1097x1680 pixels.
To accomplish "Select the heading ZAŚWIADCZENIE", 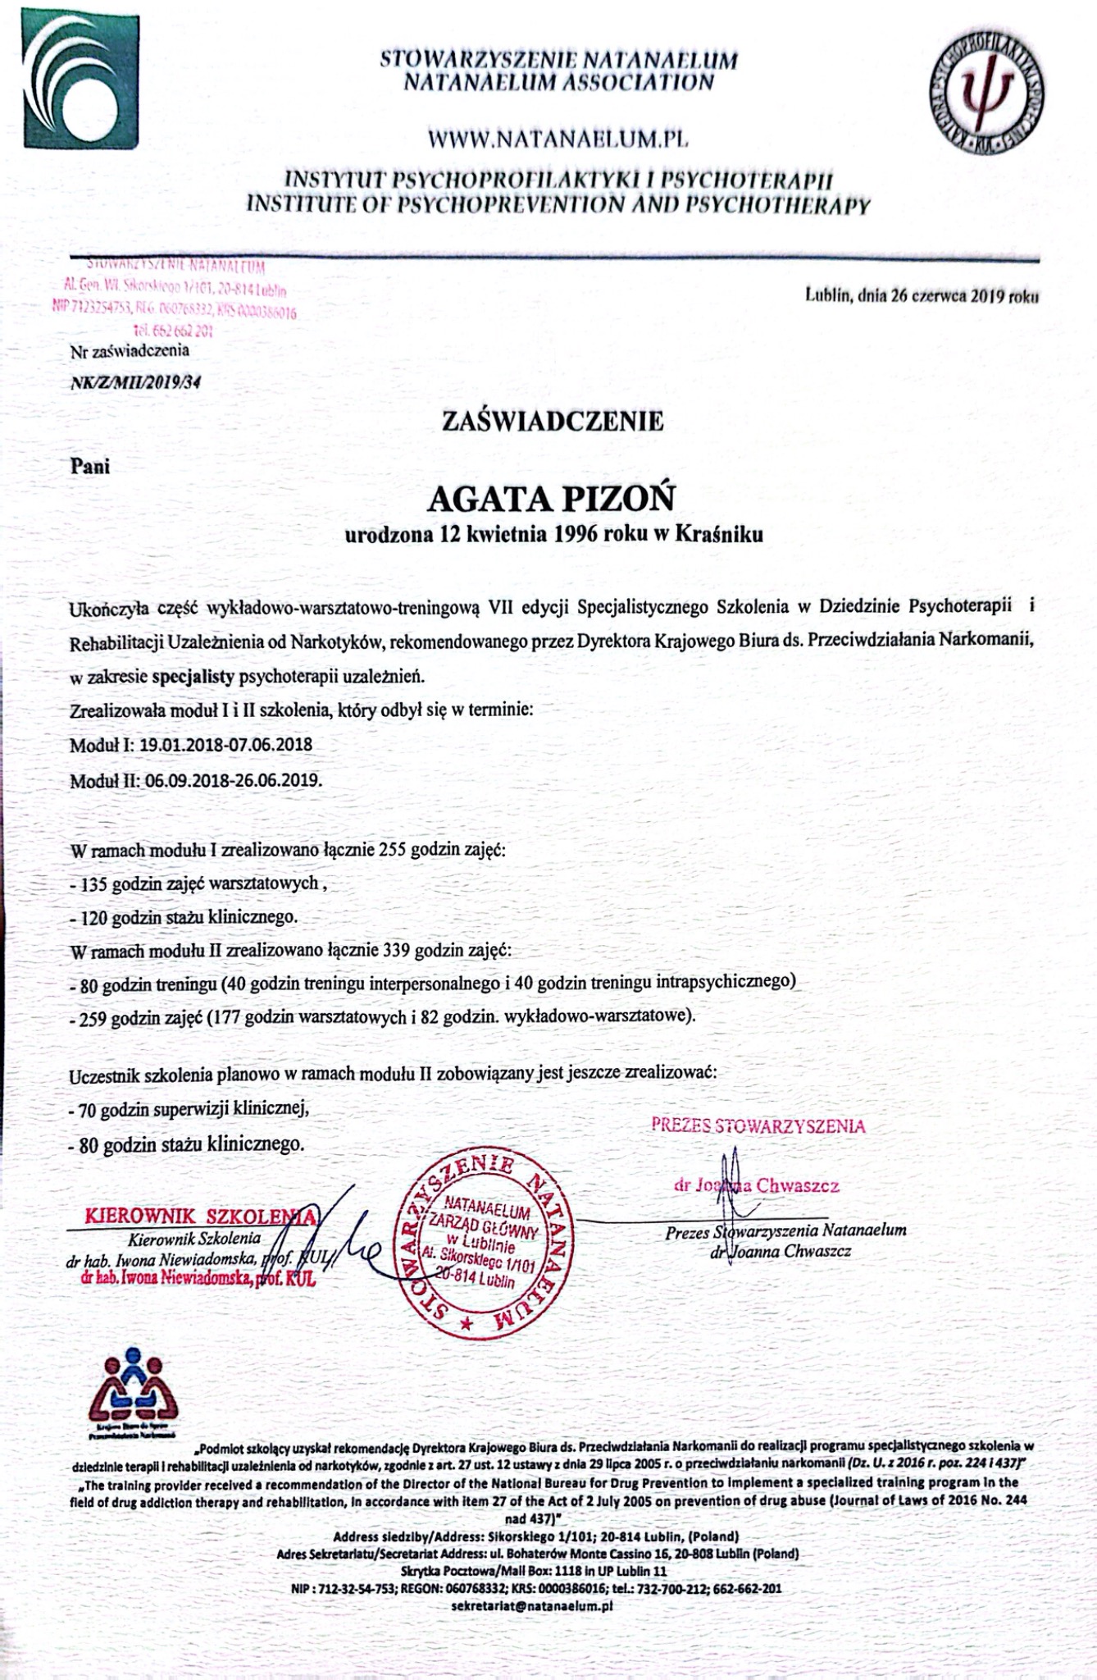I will [553, 422].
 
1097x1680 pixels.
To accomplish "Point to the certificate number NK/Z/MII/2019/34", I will [136, 381].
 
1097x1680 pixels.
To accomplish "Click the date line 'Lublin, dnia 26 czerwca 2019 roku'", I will [922, 298].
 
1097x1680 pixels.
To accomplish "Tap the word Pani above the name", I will [90, 465].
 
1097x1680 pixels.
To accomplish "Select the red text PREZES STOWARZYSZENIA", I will [758, 1125].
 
